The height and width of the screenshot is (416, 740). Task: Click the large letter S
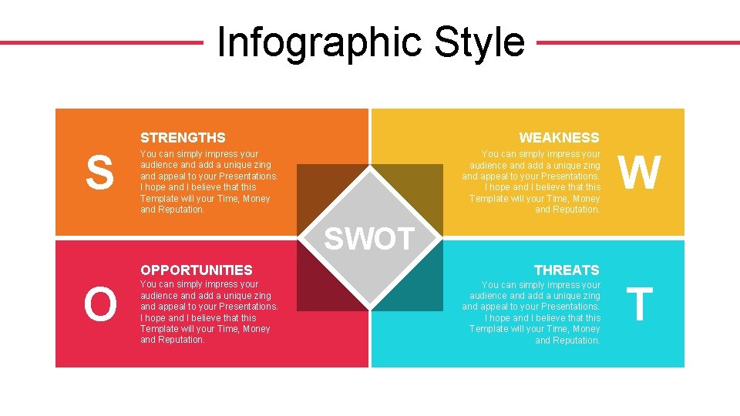pyautogui.click(x=99, y=173)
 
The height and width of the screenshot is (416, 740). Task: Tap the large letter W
pyautogui.click(x=640, y=173)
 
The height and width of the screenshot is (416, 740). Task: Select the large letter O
pyautogui.click(x=100, y=305)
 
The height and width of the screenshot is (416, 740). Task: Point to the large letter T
pyautogui.click(x=639, y=305)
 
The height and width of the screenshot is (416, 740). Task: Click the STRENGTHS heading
pyautogui.click(x=183, y=138)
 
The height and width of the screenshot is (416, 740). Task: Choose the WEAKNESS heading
pyautogui.click(x=559, y=138)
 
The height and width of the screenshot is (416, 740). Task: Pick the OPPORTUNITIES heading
pyautogui.click(x=196, y=270)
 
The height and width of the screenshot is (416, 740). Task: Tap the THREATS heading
pyautogui.click(x=567, y=270)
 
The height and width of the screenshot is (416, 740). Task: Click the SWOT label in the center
pyautogui.click(x=370, y=239)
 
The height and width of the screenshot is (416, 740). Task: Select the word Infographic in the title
pyautogui.click(x=320, y=42)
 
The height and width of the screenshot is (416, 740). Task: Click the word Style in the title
pyautogui.click(x=479, y=42)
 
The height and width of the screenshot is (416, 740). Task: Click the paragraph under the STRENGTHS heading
pyautogui.click(x=209, y=182)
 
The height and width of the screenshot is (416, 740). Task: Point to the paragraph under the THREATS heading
pyautogui.click(x=531, y=312)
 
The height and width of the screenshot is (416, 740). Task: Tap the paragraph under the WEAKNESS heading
pyautogui.click(x=531, y=182)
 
